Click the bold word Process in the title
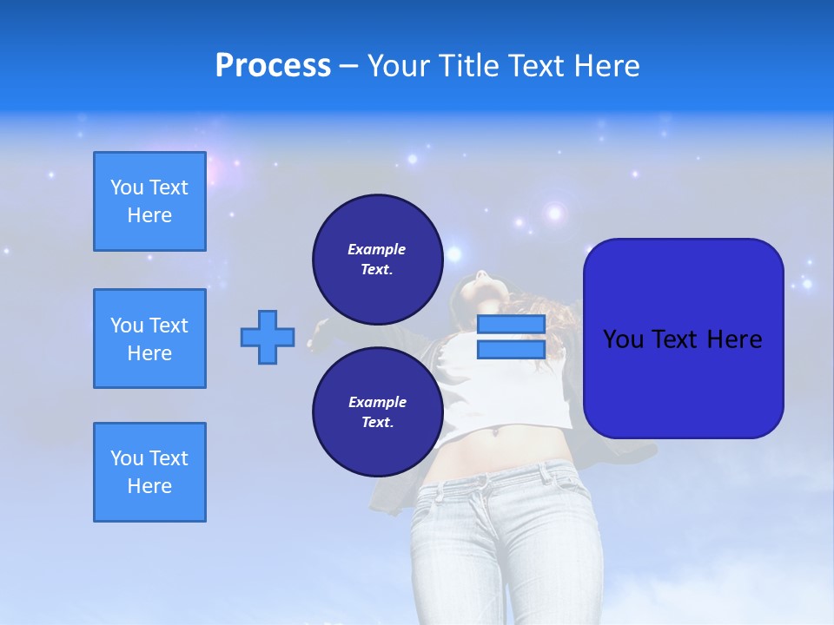point(273,66)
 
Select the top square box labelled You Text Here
point(149,201)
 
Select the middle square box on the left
point(149,339)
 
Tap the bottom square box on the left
point(149,472)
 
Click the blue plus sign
point(268,337)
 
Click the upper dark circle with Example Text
point(377,259)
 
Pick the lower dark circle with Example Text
point(377,411)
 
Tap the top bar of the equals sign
point(511,325)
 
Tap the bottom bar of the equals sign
point(511,349)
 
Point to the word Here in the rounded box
point(734,339)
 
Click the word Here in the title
point(606,66)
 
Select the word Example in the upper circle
point(376,249)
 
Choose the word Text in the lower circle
point(376,423)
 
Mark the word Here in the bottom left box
point(149,486)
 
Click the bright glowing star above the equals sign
point(554,213)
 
